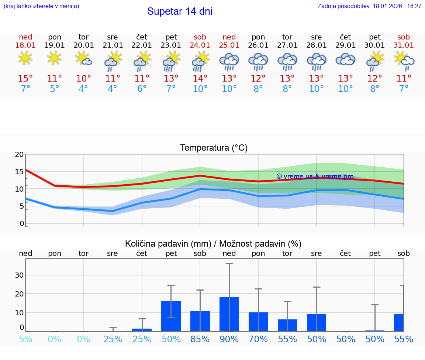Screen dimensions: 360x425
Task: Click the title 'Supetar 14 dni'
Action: coord(180,11)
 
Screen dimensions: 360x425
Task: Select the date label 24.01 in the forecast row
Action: coord(200,45)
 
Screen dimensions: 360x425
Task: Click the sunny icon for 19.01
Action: coord(54,58)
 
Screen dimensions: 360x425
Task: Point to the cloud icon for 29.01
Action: coord(345,59)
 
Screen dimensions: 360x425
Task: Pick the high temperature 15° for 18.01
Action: coord(25,79)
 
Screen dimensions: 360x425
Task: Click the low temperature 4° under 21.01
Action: coord(113,89)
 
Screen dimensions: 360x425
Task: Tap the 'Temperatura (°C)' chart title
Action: coord(214,148)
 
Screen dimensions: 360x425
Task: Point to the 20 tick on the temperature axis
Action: coord(19,154)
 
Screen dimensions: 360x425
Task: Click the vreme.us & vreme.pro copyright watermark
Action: coord(315,176)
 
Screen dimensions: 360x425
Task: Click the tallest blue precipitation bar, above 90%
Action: coord(229,314)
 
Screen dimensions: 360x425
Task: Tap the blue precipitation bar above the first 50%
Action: coord(171,316)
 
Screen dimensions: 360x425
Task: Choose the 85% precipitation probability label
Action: coord(200,339)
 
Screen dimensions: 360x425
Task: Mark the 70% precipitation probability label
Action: coord(258,339)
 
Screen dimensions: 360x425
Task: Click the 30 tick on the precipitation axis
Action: coord(19,275)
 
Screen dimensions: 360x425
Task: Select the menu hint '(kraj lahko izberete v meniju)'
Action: coord(41,6)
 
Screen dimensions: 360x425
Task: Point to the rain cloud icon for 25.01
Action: coord(229,61)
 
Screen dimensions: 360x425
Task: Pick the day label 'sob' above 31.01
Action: coord(404,37)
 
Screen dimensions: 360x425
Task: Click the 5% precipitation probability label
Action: coord(25,339)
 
